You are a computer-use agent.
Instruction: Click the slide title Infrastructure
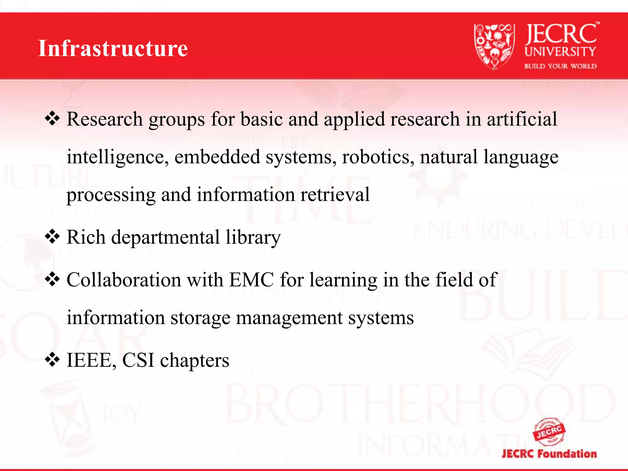click(113, 48)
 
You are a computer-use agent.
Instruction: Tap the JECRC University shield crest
click(494, 46)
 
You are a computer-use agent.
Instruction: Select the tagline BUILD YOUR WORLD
click(560, 66)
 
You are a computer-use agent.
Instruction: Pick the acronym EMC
click(251, 280)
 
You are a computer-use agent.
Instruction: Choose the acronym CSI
click(138, 360)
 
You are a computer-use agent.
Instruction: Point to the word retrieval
click(335, 194)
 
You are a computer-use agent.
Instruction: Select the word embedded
click(217, 157)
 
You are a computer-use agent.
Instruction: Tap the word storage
click(200, 318)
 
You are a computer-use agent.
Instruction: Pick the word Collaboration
click(124, 280)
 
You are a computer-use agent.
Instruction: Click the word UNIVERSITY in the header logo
click(560, 52)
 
